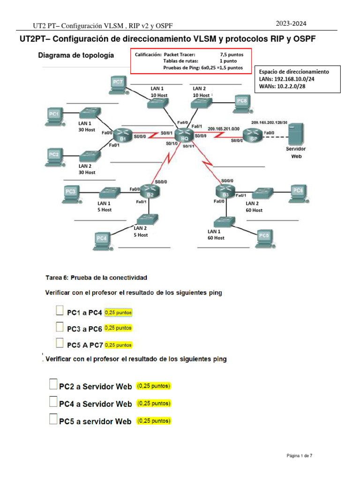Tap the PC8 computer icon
pos(241,102)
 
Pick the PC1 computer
pos(54,115)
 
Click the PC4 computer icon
pos(102,239)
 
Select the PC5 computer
pos(264,237)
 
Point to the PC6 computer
pos(298,191)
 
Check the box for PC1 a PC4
pos(60,311)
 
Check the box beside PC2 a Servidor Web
pos(53,385)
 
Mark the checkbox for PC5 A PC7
pos(60,343)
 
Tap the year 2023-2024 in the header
pos(292,23)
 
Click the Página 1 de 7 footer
pos(300,455)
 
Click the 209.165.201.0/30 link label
pos(223,128)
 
